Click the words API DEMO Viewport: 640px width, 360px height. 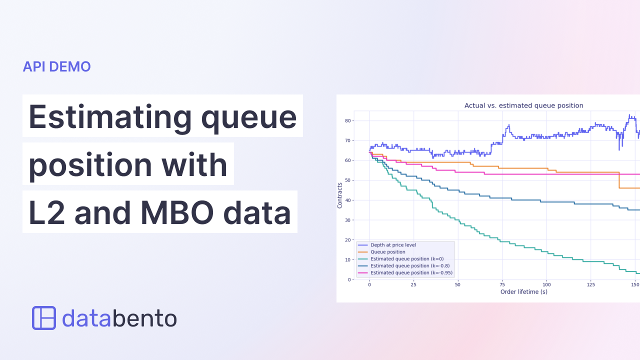click(56, 66)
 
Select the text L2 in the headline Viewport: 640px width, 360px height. click(47, 212)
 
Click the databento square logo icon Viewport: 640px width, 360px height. click(44, 318)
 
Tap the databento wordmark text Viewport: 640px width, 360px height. click(119, 318)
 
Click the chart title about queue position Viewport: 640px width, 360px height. click(523, 105)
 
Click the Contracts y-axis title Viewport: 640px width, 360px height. click(340, 195)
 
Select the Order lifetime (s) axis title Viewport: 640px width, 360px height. click(523, 291)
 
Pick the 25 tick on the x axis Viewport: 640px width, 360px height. click(413, 284)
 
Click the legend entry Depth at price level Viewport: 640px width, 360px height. click(393, 245)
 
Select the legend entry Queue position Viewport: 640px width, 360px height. click(387, 252)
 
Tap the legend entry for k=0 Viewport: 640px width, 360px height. click(406, 259)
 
